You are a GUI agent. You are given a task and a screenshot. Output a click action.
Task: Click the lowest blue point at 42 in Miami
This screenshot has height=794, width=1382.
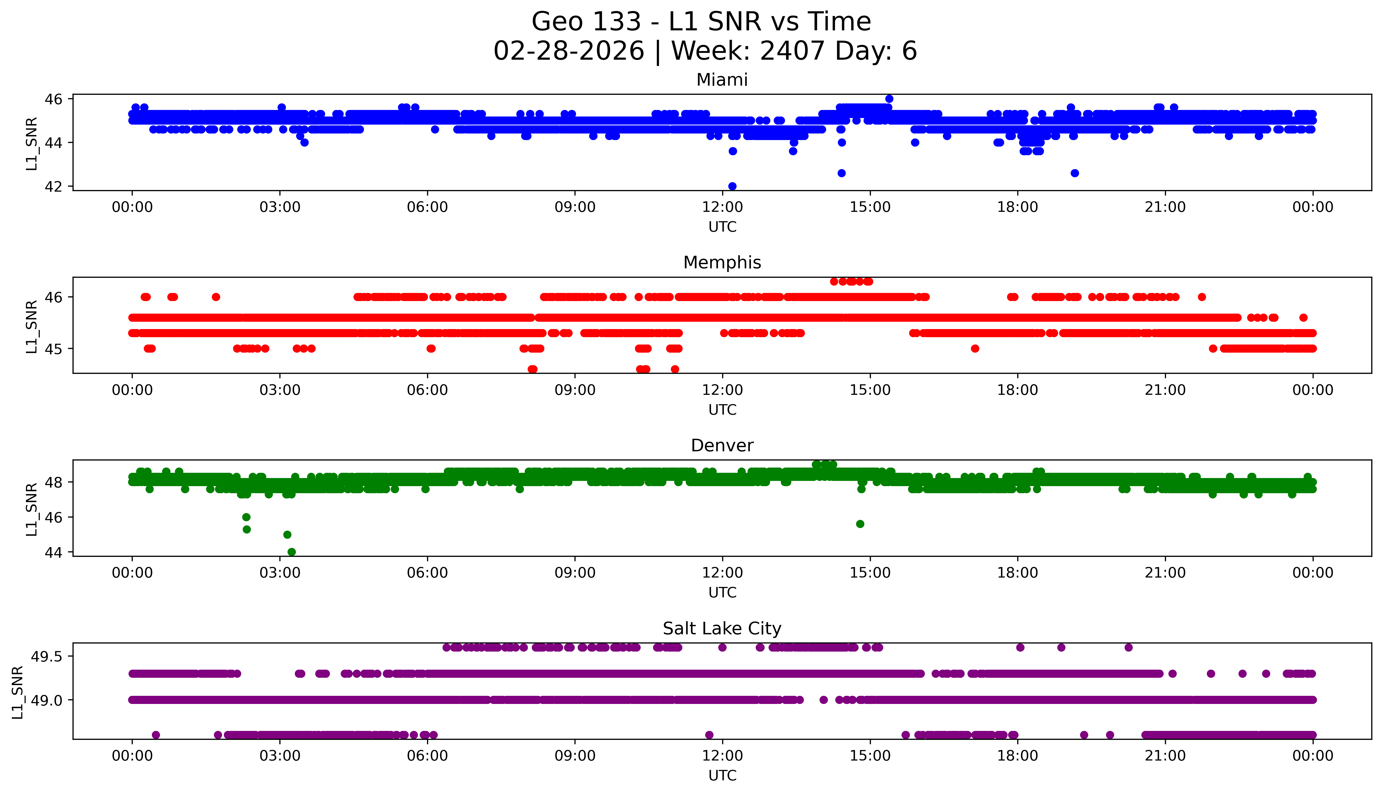click(x=732, y=186)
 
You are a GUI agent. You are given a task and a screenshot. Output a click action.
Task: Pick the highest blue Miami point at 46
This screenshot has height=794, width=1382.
click(x=889, y=99)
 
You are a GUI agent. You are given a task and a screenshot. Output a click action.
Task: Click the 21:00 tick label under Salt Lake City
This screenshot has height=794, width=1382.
click(x=1165, y=756)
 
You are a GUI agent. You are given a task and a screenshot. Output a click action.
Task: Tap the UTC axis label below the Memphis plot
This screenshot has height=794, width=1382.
click(x=722, y=409)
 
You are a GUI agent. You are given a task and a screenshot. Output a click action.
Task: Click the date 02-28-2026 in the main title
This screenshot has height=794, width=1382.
click(x=569, y=51)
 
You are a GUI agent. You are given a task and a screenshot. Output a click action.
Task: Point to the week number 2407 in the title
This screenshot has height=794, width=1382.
click(x=792, y=51)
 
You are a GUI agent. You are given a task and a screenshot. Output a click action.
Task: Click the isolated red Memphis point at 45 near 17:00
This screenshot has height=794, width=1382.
click(x=975, y=348)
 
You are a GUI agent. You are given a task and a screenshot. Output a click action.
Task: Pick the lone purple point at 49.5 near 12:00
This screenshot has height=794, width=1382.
click(x=722, y=647)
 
